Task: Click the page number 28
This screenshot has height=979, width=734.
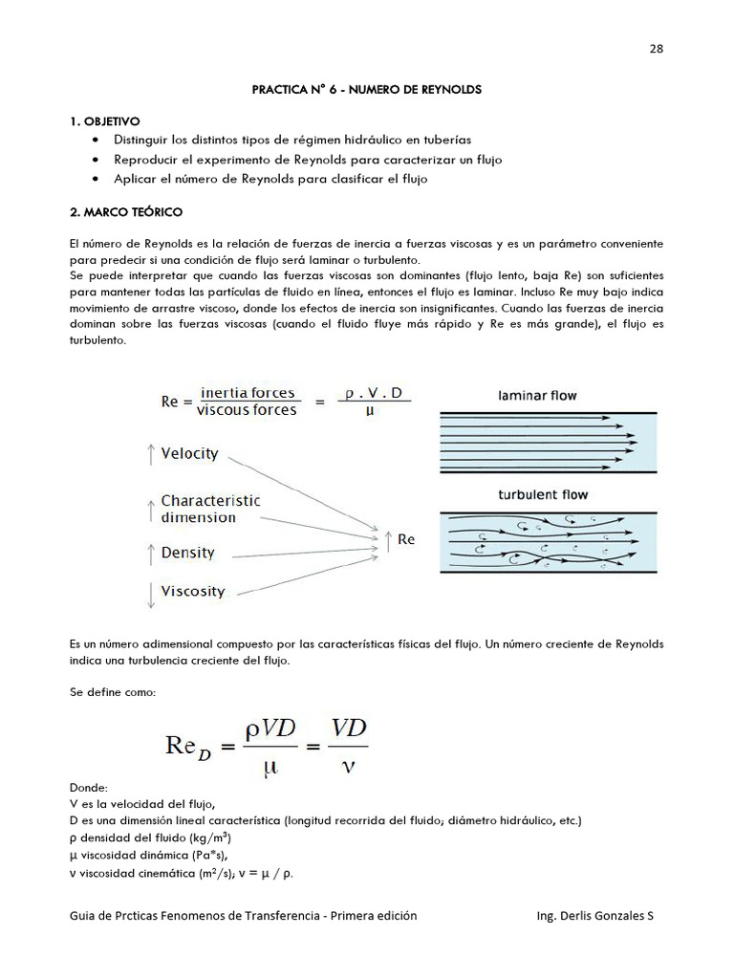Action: click(x=657, y=50)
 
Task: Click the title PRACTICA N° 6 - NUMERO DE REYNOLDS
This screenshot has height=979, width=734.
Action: click(x=366, y=89)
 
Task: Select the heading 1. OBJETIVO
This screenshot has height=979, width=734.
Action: click(x=104, y=121)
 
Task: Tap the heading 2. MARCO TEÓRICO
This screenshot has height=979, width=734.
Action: click(x=126, y=210)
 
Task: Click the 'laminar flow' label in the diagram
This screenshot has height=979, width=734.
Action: click(x=537, y=395)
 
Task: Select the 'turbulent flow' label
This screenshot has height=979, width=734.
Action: click(x=543, y=494)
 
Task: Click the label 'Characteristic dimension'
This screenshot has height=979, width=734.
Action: click(x=209, y=509)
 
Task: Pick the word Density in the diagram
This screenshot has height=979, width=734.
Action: click(x=187, y=553)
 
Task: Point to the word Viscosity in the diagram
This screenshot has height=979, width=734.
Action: click(x=193, y=591)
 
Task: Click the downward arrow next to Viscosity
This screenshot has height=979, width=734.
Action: click(x=150, y=594)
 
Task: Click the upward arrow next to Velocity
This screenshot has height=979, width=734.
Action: click(x=150, y=454)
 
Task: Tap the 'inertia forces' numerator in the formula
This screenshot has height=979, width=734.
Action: click(x=246, y=393)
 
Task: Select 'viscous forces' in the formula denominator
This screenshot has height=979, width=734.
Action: click(x=246, y=411)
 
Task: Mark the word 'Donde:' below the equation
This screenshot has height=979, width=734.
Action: click(x=89, y=787)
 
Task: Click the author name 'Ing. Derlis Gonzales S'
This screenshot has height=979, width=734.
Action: click(x=596, y=915)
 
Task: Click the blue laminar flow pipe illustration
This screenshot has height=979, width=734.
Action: click(x=548, y=441)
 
